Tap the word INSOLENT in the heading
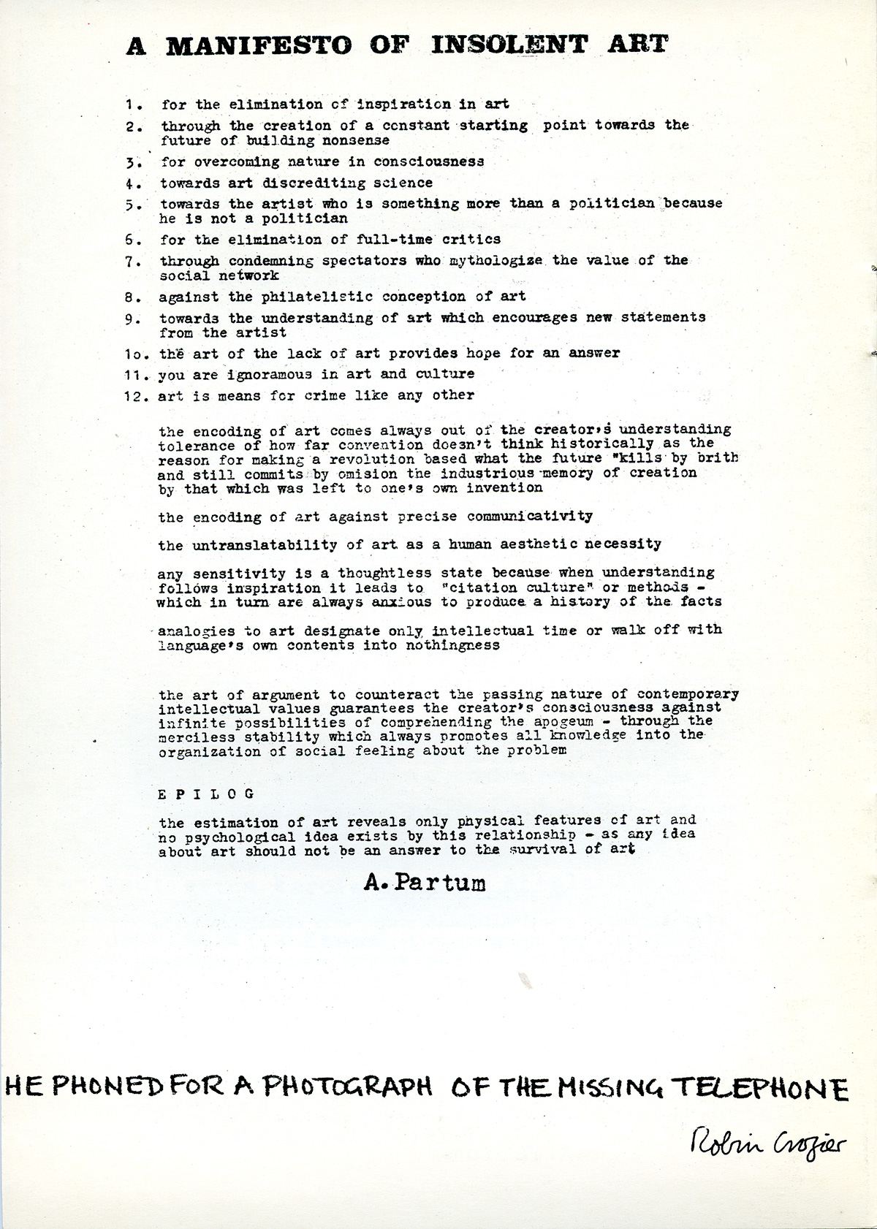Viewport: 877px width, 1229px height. [509, 45]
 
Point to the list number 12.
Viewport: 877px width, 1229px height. [134, 396]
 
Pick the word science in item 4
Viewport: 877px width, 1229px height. [403, 183]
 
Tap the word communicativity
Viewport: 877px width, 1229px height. [530, 516]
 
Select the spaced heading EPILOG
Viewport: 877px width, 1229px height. [206, 794]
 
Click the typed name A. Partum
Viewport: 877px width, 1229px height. [424, 883]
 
